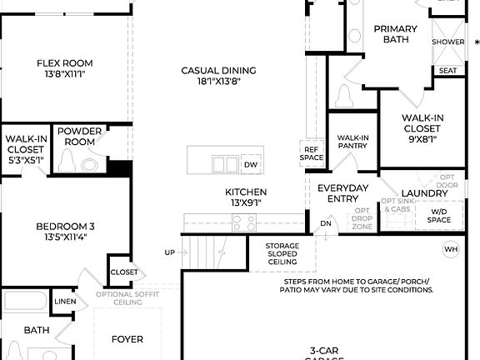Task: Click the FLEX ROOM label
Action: pyautogui.click(x=64, y=63)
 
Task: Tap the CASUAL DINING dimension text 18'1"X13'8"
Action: pyautogui.click(x=218, y=82)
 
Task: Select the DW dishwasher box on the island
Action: pyautogui.click(x=251, y=165)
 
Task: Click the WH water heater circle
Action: pyautogui.click(x=451, y=248)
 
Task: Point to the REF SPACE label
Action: pyautogui.click(x=312, y=152)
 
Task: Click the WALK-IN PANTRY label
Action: pyautogui.click(x=353, y=142)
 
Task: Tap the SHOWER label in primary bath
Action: pyautogui.click(x=447, y=42)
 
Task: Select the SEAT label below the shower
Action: pyautogui.click(x=447, y=71)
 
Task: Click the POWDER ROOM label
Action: pyautogui.click(x=80, y=137)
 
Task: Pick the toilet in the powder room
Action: pyautogui.click(x=87, y=164)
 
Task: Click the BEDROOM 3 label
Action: pyautogui.click(x=64, y=226)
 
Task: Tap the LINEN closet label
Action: pyautogui.click(x=65, y=301)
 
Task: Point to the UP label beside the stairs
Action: pyautogui.click(x=170, y=252)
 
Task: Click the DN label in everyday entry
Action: pyautogui.click(x=326, y=223)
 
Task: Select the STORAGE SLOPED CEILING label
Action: pyautogui.click(x=282, y=253)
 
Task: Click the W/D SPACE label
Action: pyautogui.click(x=439, y=215)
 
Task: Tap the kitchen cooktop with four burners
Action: pyautogui.click(x=244, y=222)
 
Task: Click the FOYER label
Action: pyautogui.click(x=127, y=339)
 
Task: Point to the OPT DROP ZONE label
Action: pyautogui.click(x=362, y=218)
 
